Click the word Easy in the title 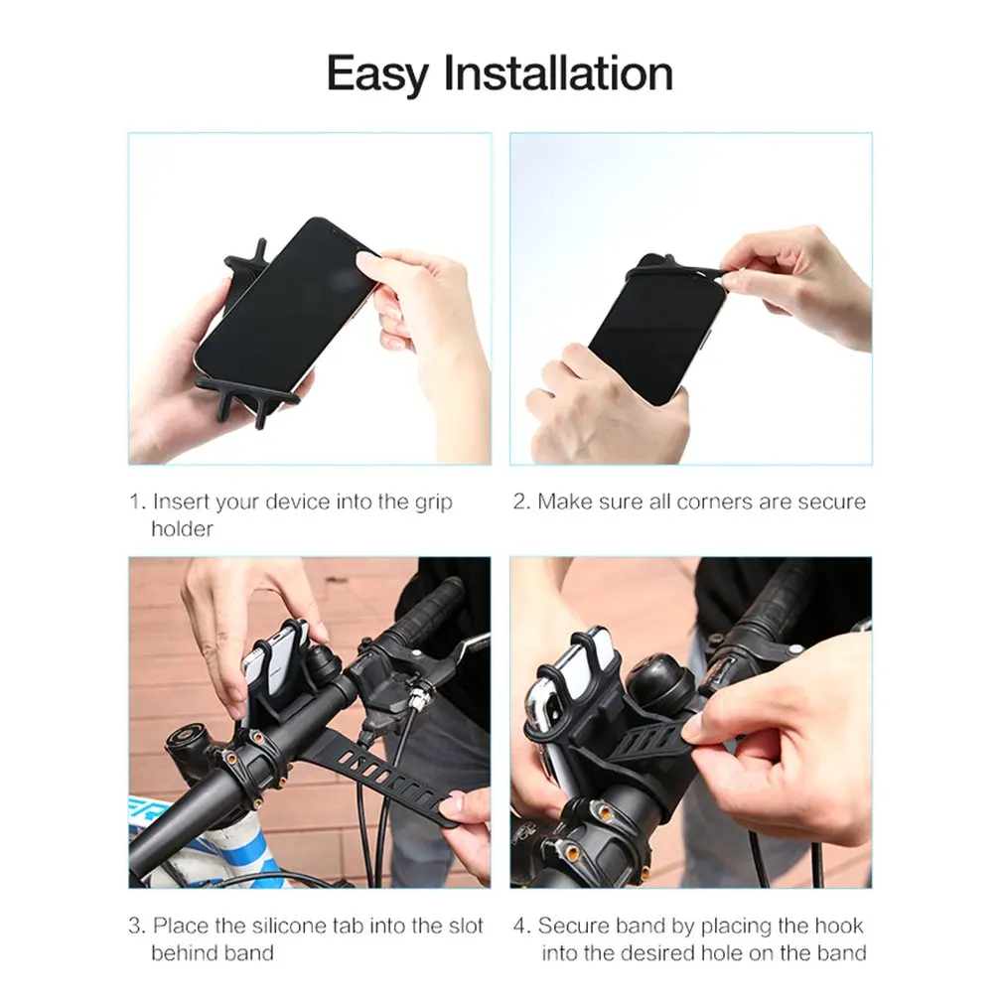click(x=377, y=74)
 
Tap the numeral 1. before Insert click(x=137, y=501)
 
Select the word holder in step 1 click(x=182, y=529)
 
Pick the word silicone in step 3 click(x=289, y=926)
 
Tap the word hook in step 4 click(x=838, y=926)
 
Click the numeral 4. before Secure click(x=522, y=926)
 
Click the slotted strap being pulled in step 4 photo click(x=652, y=742)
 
